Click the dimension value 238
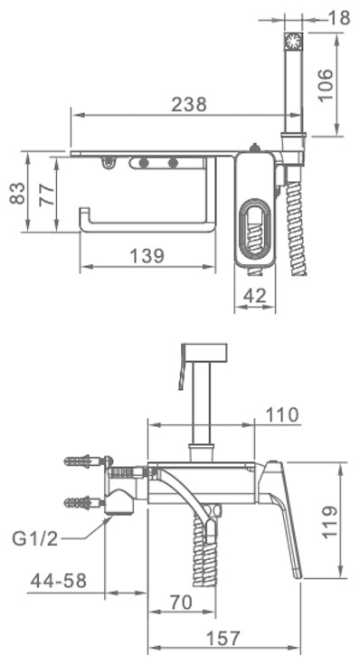(x=189, y=104)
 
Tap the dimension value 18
(x=339, y=18)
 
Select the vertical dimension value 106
(x=326, y=85)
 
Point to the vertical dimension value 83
(x=17, y=193)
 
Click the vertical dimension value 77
(x=47, y=195)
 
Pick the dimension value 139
(x=147, y=256)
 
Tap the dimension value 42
(x=255, y=295)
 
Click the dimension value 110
(x=282, y=414)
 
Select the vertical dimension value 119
(x=330, y=522)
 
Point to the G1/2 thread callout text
(x=34, y=538)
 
